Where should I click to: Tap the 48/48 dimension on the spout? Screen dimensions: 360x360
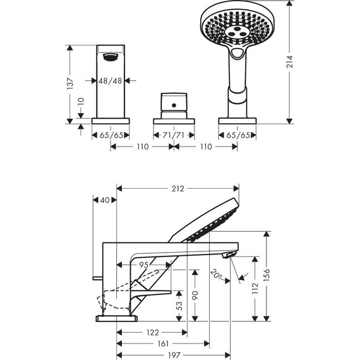(111, 81)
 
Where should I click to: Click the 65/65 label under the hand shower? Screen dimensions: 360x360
(237, 135)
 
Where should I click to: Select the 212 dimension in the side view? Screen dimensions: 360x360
(177, 188)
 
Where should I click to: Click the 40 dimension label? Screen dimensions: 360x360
(105, 200)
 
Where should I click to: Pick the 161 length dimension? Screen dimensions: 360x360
(163, 344)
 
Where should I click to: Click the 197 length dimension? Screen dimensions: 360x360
(174, 355)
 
